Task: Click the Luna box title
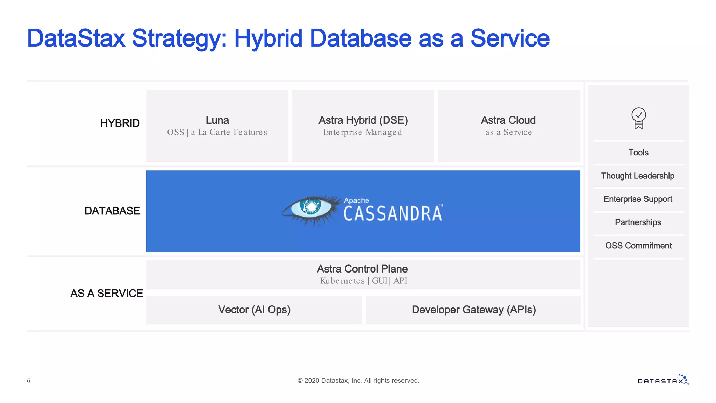[x=217, y=120]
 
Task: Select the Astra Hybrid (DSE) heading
[x=363, y=120]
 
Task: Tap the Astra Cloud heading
[x=508, y=120]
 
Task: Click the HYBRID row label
[x=120, y=123]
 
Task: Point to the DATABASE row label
[x=112, y=211]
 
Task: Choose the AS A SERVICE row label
[x=107, y=293]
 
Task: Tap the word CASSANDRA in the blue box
[x=393, y=214]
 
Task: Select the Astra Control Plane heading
[x=362, y=269]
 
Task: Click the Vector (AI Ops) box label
[x=254, y=310]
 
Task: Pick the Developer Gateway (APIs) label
[x=473, y=310]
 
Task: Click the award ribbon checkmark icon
[x=638, y=118]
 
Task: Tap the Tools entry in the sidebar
[x=638, y=153]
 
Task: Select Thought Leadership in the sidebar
[x=638, y=176]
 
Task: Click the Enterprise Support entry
[x=638, y=199]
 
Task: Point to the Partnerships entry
[x=638, y=222]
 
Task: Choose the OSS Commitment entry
[x=638, y=246]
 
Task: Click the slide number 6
[x=29, y=381]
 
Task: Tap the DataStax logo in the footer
[x=663, y=380]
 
